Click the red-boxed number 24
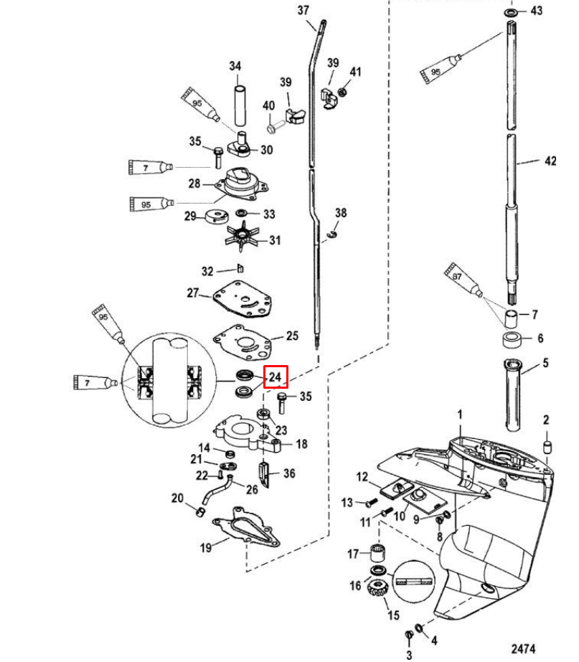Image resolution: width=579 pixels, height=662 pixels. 276,377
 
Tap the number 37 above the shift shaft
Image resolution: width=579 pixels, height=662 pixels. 303,10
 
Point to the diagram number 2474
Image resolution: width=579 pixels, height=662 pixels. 524,648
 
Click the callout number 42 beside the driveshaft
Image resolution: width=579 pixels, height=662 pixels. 550,161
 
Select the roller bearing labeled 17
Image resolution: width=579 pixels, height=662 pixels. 378,554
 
